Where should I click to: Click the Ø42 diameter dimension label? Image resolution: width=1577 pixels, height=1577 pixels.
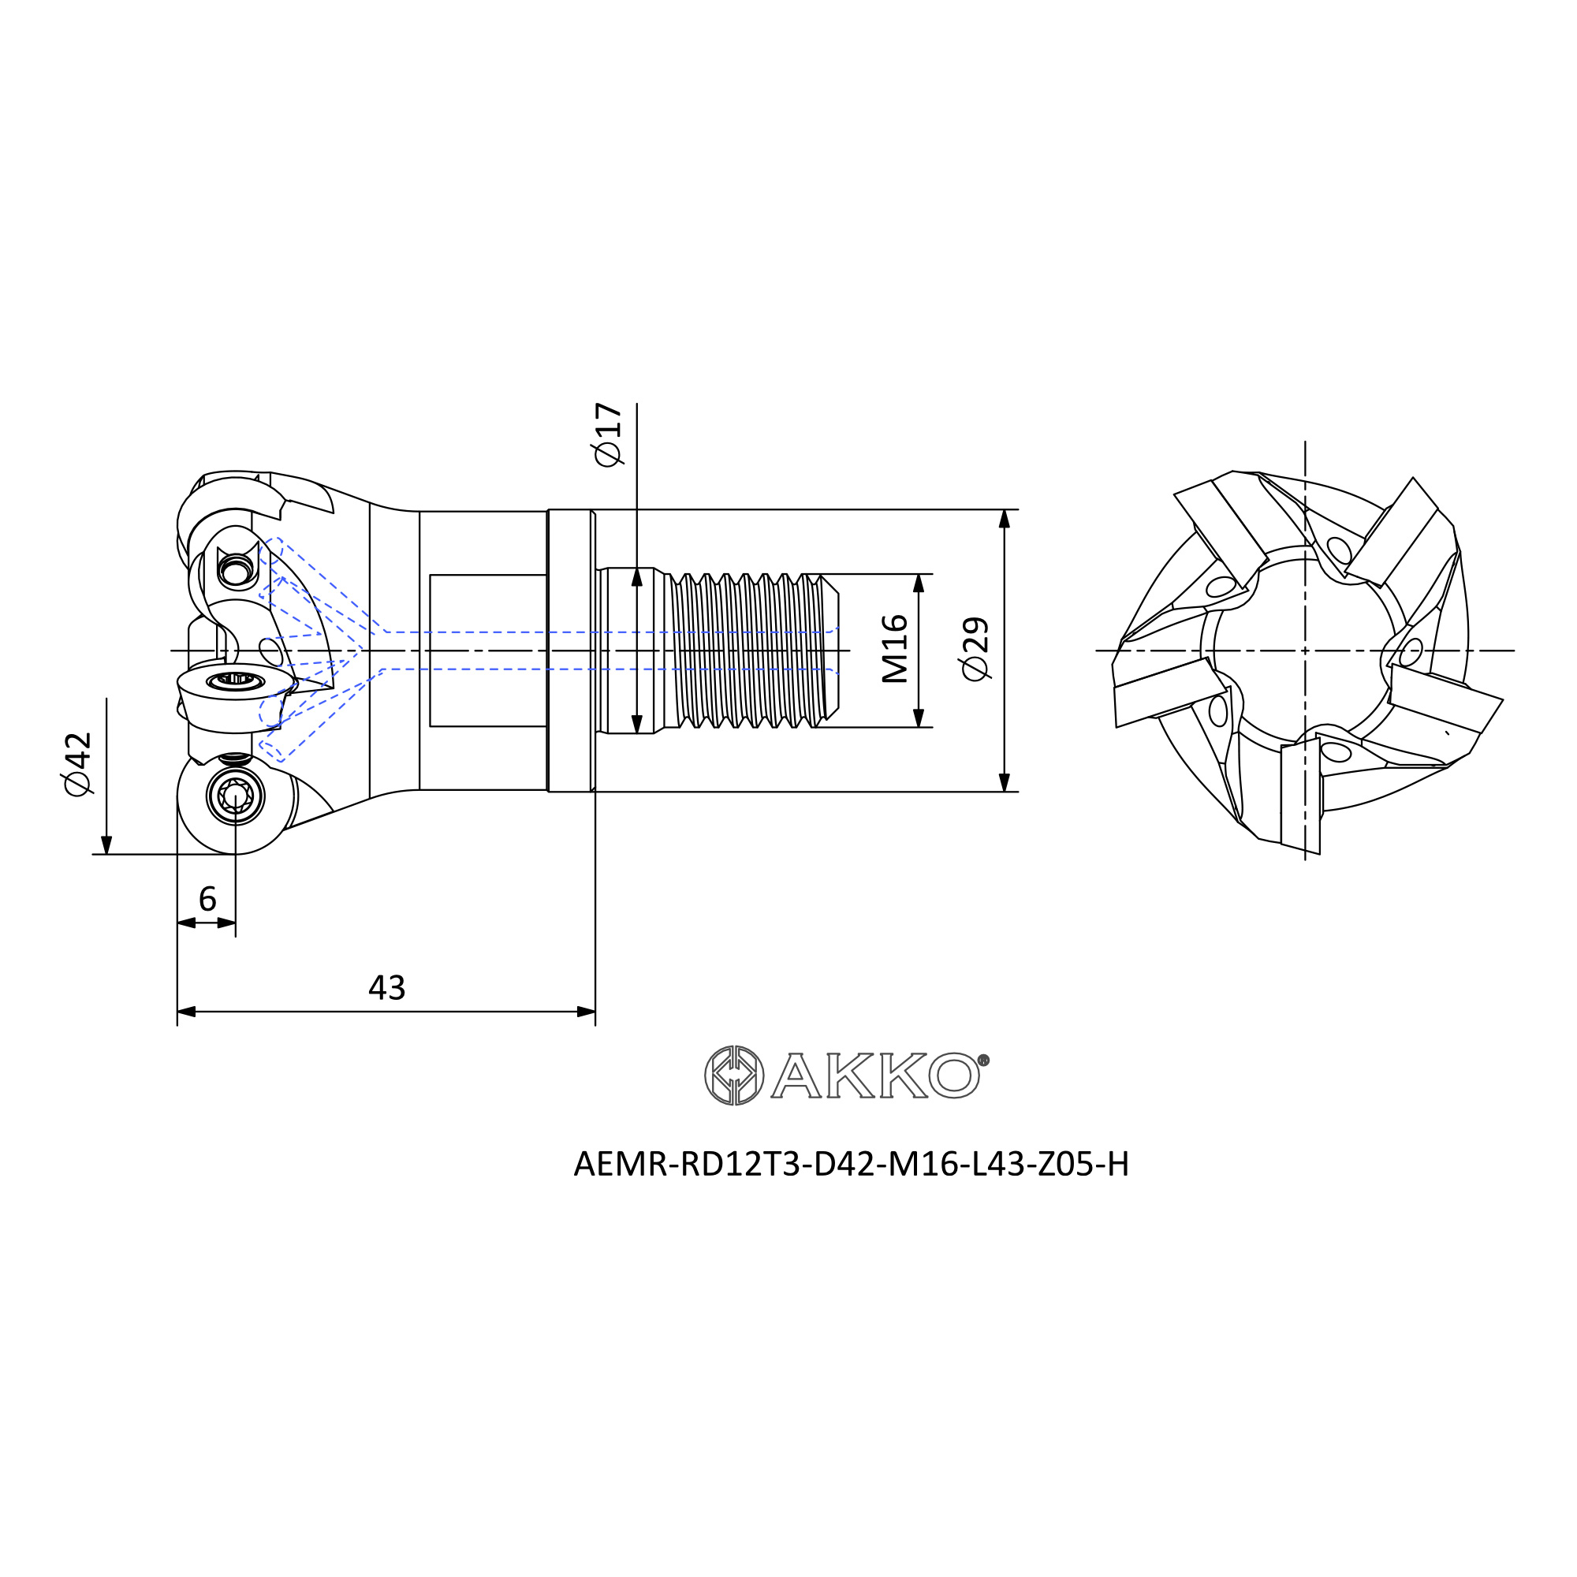78,764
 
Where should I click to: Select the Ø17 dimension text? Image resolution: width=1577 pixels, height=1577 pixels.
609,434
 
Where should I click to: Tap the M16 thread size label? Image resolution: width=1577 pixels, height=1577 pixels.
895,649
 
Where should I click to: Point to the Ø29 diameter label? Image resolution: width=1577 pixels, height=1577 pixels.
975,649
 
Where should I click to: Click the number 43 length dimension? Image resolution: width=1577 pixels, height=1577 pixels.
386,988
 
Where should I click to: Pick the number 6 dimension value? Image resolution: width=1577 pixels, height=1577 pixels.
207,900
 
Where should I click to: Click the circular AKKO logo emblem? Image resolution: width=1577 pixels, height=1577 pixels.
734,1075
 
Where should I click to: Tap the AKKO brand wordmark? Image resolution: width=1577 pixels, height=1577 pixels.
874,1076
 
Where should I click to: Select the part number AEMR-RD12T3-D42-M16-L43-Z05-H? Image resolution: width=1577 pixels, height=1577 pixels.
852,1165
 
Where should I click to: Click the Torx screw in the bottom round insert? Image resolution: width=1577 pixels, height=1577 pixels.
235,795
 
